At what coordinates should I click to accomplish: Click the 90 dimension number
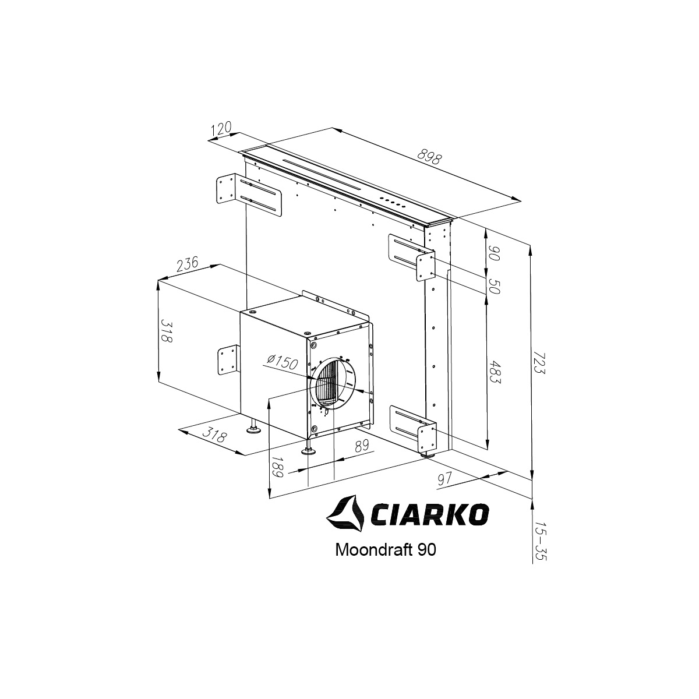(x=494, y=253)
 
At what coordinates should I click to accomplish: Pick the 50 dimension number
(x=494, y=286)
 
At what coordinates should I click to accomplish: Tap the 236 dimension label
(x=188, y=264)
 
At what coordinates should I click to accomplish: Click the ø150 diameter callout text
(x=283, y=361)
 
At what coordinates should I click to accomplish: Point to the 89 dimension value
(x=362, y=446)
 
